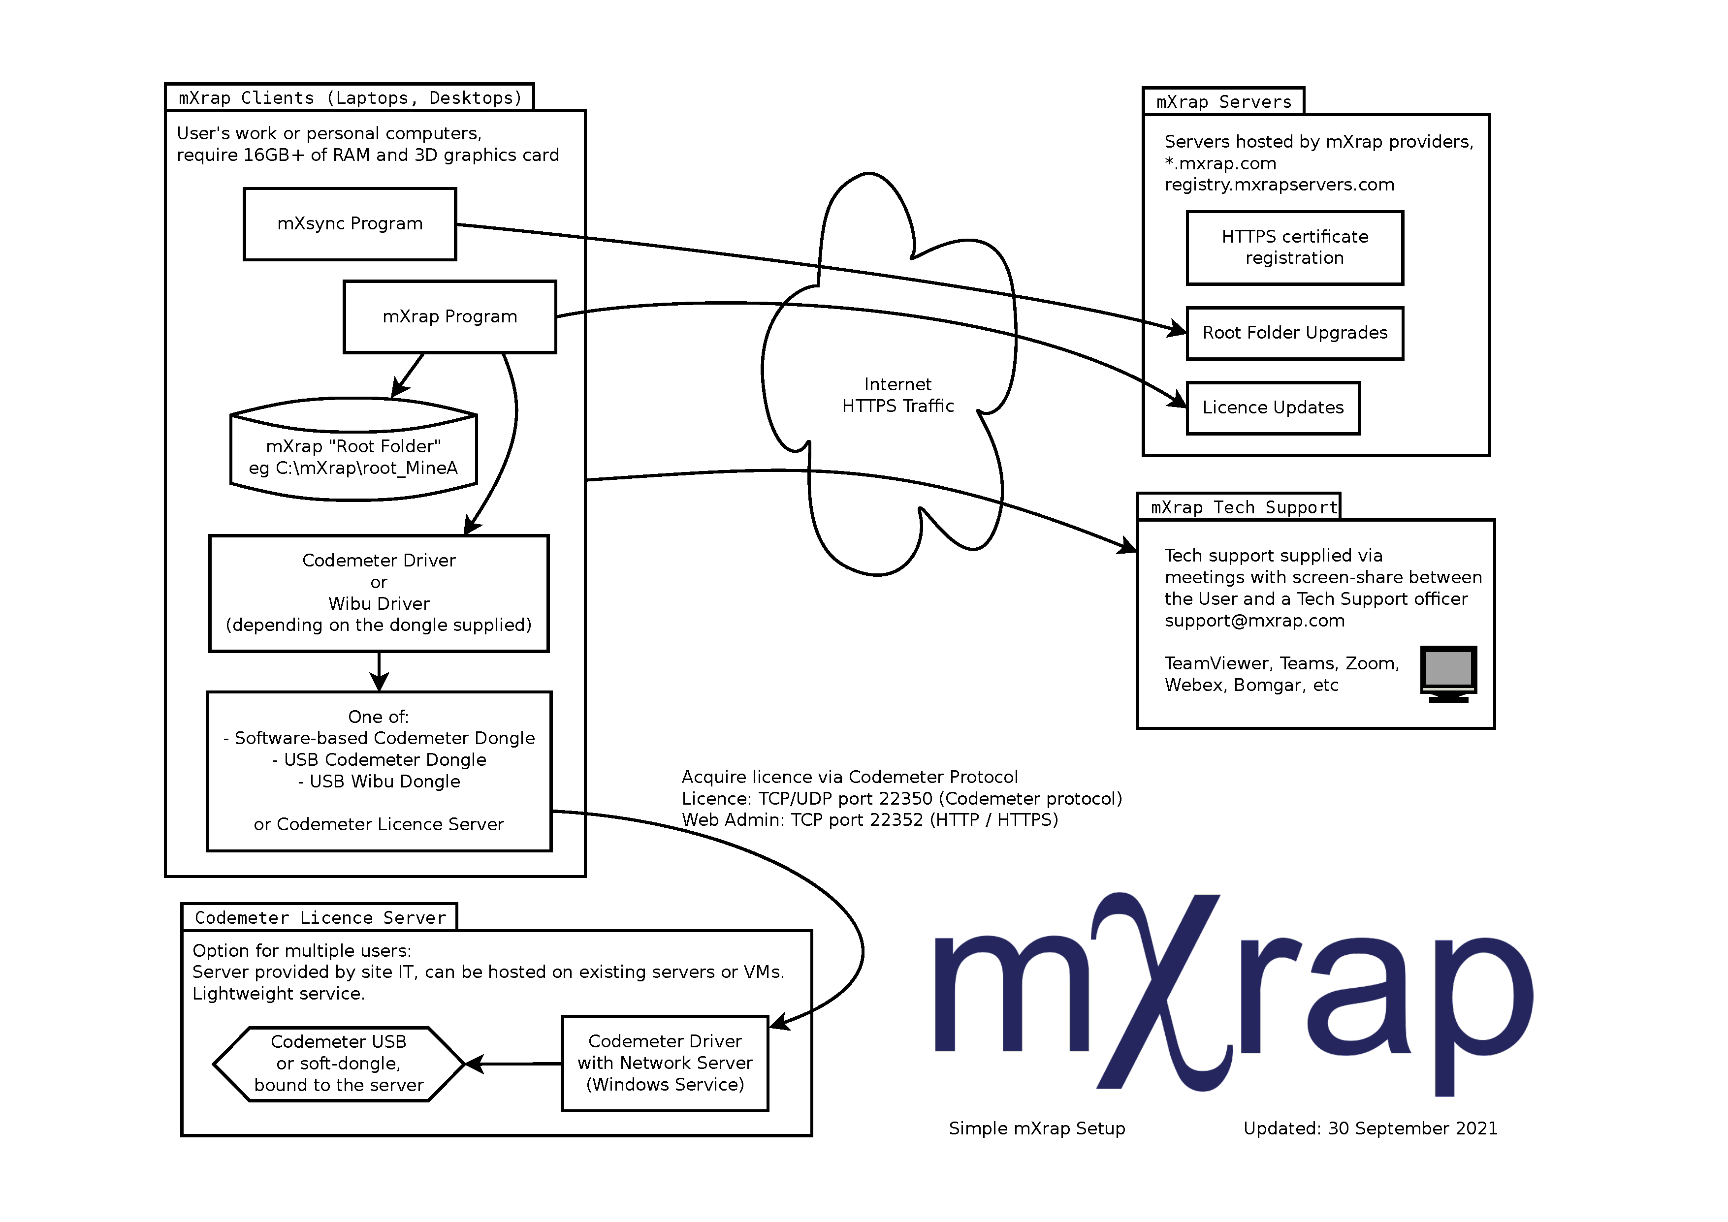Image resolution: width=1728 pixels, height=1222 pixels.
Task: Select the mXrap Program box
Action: [449, 317]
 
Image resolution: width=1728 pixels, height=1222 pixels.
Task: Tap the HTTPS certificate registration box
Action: [1294, 248]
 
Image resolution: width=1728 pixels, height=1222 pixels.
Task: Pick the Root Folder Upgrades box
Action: [1294, 333]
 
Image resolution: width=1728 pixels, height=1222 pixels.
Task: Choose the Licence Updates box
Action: [1272, 408]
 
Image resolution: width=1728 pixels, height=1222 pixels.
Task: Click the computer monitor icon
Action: [1447, 673]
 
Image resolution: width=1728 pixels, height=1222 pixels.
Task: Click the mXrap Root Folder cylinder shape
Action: [353, 451]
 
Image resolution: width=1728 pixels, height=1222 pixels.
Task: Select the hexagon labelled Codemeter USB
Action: [339, 1063]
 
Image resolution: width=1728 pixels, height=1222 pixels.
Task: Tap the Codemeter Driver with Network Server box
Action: [665, 1063]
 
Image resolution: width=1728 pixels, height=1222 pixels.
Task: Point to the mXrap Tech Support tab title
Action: [1243, 508]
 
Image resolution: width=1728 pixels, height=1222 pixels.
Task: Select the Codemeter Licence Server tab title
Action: [320, 918]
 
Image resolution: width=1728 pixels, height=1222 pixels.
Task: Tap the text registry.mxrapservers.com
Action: [1279, 185]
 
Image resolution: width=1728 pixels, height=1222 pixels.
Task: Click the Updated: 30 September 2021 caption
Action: [1370, 1128]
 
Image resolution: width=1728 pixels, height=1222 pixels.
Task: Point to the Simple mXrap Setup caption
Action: [1036, 1128]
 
